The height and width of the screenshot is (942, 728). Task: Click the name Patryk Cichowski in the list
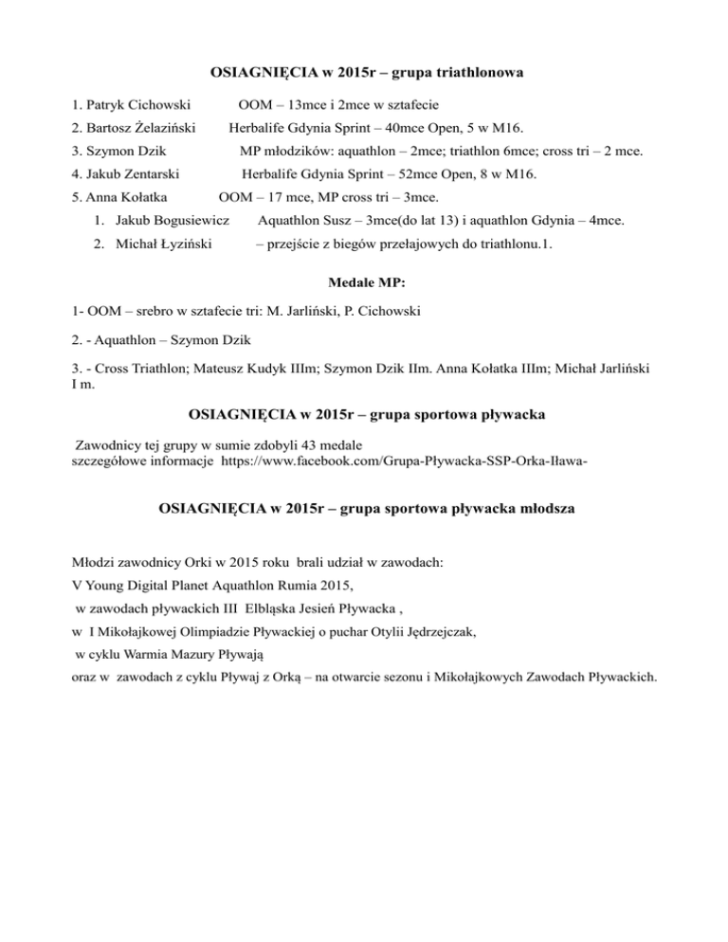pyautogui.click(x=139, y=102)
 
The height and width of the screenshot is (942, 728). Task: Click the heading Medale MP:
pyautogui.click(x=364, y=282)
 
